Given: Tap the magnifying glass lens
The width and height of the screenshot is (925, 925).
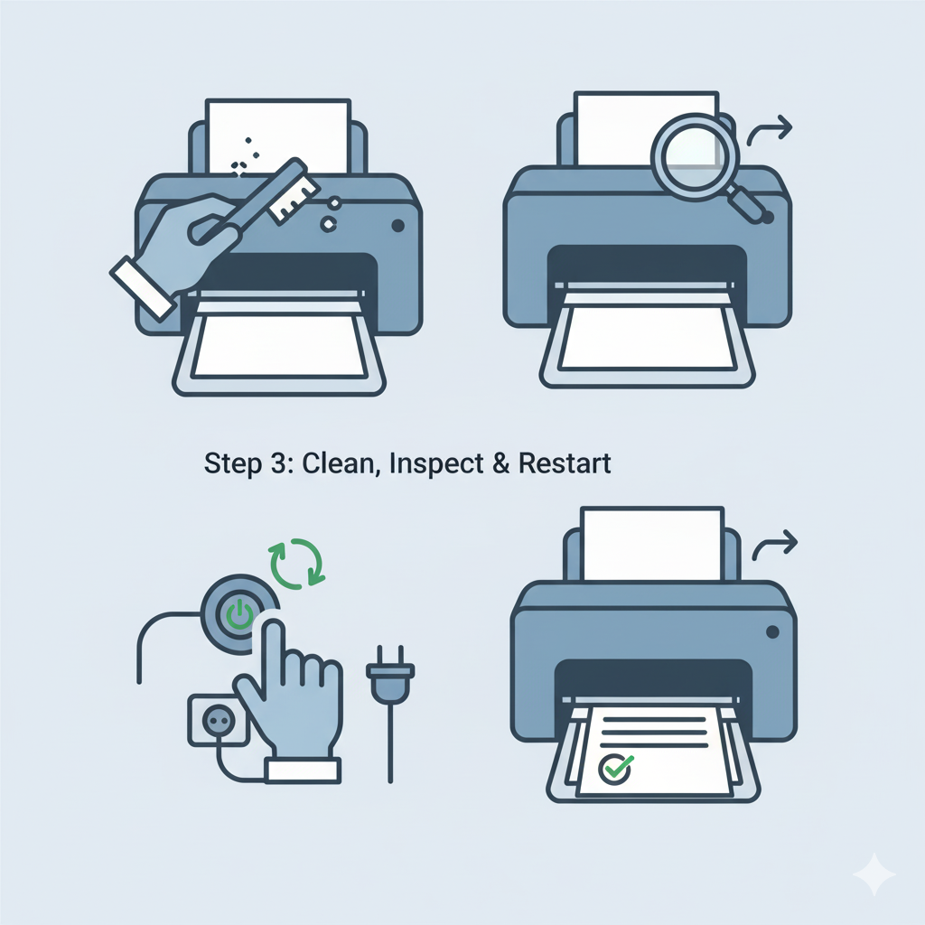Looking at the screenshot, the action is click(x=696, y=156).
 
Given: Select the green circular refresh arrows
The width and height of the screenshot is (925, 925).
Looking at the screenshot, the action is click(x=296, y=563).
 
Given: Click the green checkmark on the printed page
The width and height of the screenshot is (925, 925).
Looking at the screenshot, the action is click(x=616, y=768).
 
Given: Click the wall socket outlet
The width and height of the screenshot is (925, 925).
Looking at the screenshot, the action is click(x=218, y=720).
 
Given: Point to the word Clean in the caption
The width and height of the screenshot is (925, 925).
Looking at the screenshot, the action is click(x=338, y=463).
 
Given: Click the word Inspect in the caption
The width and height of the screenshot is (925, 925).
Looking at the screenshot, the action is click(x=436, y=464).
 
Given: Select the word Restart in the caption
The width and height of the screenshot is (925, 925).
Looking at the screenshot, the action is click(x=565, y=463).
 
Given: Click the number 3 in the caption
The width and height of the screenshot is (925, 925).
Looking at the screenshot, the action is click(x=278, y=463).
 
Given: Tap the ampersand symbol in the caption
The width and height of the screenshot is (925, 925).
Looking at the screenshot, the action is click(x=500, y=463).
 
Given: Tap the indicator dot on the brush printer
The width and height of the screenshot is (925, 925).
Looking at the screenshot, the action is click(x=398, y=225).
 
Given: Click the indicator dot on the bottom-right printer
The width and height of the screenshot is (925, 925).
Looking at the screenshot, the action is click(x=772, y=632).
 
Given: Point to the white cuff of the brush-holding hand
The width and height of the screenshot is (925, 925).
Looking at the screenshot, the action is click(x=143, y=288).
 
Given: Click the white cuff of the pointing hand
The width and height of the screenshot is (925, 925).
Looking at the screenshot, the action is click(x=304, y=770).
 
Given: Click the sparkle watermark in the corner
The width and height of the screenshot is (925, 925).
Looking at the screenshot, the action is click(x=874, y=874).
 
